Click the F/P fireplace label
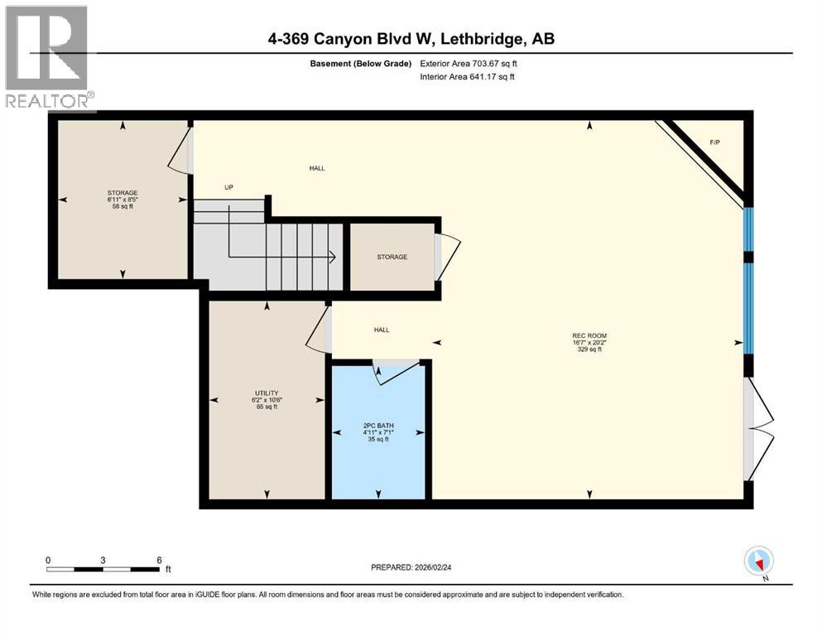tap(714, 142)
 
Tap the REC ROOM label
tap(589, 335)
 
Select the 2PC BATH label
tap(378, 426)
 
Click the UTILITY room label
tap(267, 393)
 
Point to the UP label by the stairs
tap(228, 187)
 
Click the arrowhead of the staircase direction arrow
tap(333, 257)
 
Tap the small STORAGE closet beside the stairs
tap(392, 257)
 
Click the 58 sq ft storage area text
tap(123, 206)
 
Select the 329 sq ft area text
tap(589, 349)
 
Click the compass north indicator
tap(759, 561)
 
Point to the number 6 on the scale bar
tap(160, 560)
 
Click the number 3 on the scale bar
tap(103, 560)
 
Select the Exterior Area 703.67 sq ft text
tap(469, 64)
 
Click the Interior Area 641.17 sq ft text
tap(467, 76)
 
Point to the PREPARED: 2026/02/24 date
tap(411, 567)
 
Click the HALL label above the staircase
tap(317, 168)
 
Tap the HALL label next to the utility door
tap(382, 330)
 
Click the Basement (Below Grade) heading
tap(361, 64)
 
